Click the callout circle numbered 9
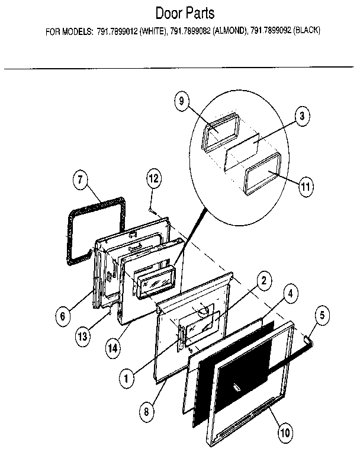pos(181,101)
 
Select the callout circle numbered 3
pos(301,117)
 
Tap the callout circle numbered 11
pos(305,186)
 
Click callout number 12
pos(153,178)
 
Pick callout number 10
pos(285,432)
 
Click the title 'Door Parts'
pos(185,13)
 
